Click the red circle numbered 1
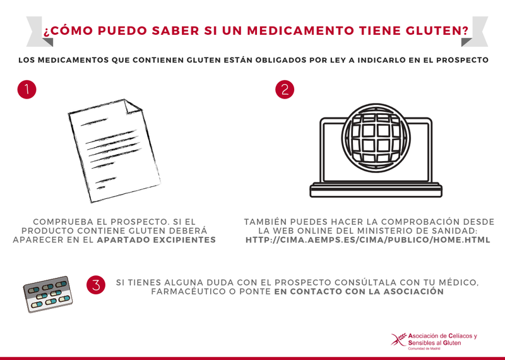27,89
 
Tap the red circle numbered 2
285,89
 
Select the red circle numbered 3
96,285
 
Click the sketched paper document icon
114,151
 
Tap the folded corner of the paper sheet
133,106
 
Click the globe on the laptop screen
376,138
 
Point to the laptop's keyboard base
376,190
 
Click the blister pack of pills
48,294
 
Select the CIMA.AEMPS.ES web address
368,240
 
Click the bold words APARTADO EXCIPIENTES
157,240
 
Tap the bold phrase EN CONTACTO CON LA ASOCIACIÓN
359,292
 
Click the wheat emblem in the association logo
399,340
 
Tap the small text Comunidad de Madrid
424,349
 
